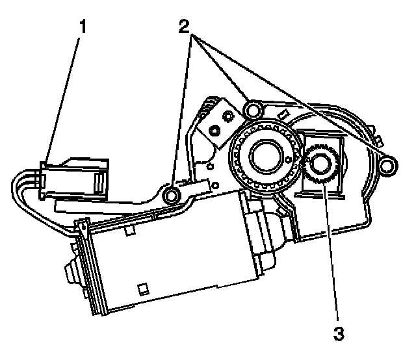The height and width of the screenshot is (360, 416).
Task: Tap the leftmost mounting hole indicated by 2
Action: [x=173, y=195]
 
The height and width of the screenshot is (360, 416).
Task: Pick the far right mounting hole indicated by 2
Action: [x=388, y=168]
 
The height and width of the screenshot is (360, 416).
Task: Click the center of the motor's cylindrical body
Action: [x=169, y=260]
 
